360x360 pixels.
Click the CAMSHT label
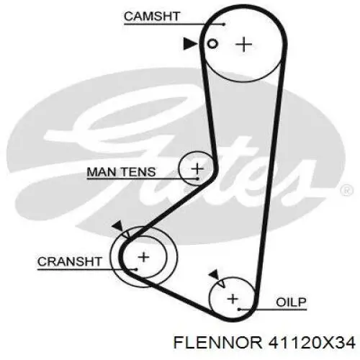(x=152, y=17)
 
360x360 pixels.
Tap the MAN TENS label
(x=121, y=172)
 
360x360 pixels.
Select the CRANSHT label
(x=70, y=261)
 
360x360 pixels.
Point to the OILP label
(x=292, y=302)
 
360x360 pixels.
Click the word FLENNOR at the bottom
(x=218, y=343)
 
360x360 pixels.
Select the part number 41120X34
(x=312, y=343)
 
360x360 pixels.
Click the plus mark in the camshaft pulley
(x=244, y=45)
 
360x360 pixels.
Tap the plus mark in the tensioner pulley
(x=197, y=168)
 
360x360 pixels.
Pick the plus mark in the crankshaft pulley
(x=144, y=257)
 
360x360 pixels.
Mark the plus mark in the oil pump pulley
(x=233, y=299)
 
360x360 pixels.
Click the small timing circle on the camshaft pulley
(x=212, y=44)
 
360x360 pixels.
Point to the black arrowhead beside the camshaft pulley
(x=190, y=44)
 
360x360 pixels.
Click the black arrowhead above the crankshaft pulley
(x=118, y=226)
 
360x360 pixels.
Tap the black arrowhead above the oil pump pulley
(x=215, y=274)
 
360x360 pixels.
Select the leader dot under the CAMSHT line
(x=224, y=24)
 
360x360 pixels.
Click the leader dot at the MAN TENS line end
(x=197, y=179)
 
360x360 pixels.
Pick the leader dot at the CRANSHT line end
(x=136, y=269)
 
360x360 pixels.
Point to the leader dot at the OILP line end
(x=239, y=310)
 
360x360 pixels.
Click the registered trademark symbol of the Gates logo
(x=347, y=191)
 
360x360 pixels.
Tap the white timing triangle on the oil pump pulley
(x=222, y=283)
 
